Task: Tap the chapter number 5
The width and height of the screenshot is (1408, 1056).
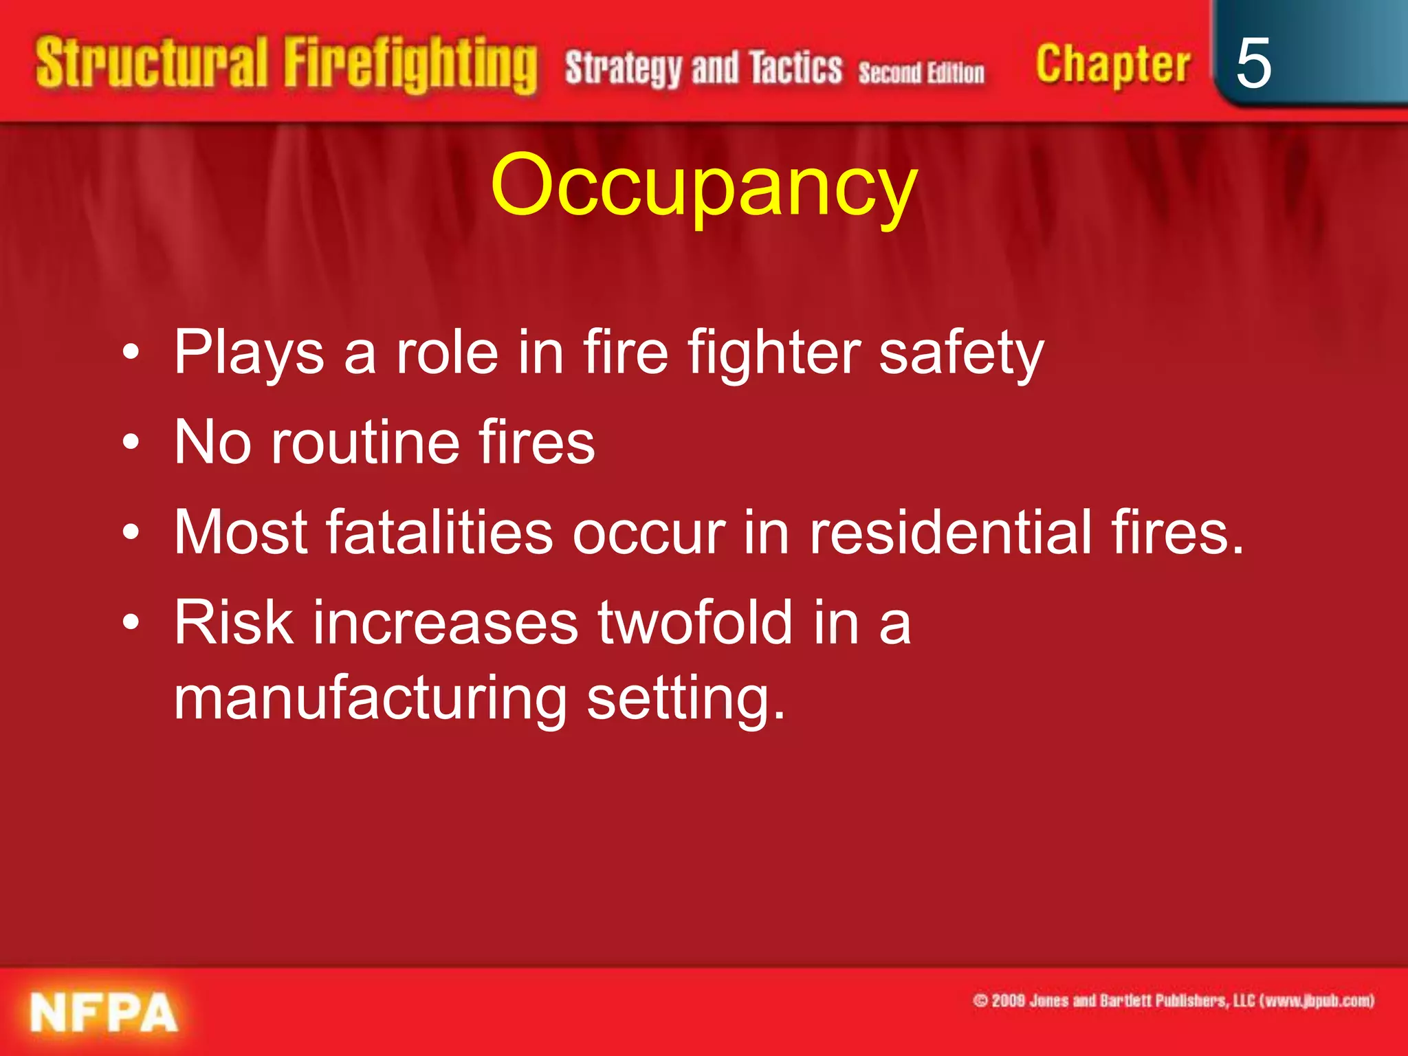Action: pos(1253,63)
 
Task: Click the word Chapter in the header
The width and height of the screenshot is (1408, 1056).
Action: pos(1112,65)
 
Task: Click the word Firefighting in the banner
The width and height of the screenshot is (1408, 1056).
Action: pos(410,65)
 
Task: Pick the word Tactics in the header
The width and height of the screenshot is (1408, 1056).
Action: pos(795,69)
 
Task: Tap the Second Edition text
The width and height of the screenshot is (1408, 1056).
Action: pos(921,72)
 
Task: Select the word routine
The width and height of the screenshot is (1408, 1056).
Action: pos(365,442)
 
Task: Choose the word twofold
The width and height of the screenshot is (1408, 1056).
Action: pos(696,622)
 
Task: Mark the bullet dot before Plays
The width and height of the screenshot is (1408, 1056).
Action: pos(131,353)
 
